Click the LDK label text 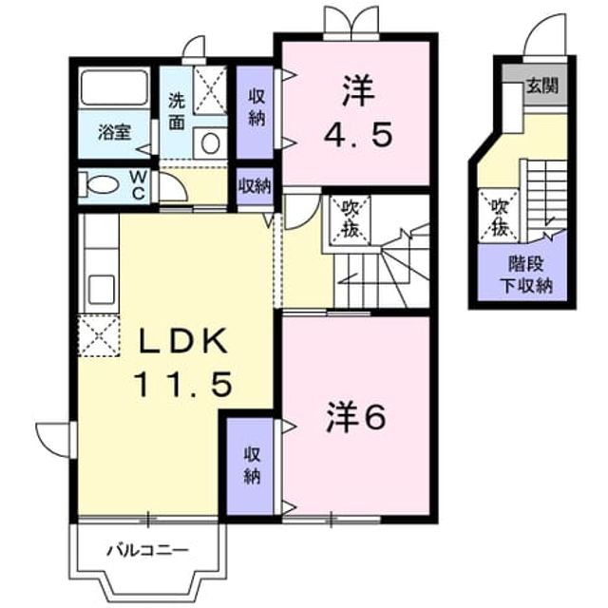pyautogui.click(x=183, y=340)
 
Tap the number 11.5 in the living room pyautogui.click(x=183, y=384)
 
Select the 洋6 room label pyautogui.click(x=356, y=418)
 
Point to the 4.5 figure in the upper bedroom pyautogui.click(x=357, y=134)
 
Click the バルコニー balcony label pyautogui.click(x=148, y=550)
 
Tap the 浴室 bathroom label pyautogui.click(x=114, y=132)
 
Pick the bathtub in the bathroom pyautogui.click(x=114, y=87)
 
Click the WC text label pyautogui.click(x=139, y=185)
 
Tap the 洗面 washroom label pyautogui.click(x=177, y=112)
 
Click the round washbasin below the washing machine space pyautogui.click(x=211, y=143)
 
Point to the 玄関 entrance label pyautogui.click(x=542, y=85)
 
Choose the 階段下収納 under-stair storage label pyautogui.click(x=526, y=275)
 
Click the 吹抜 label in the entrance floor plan pyautogui.click(x=500, y=218)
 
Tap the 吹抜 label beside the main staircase pyautogui.click(x=350, y=220)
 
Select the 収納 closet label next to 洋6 pyautogui.click(x=252, y=465)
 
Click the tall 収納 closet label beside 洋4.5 pyautogui.click(x=256, y=107)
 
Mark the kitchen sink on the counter pyautogui.click(x=102, y=289)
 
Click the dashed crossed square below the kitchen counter pyautogui.click(x=99, y=335)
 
